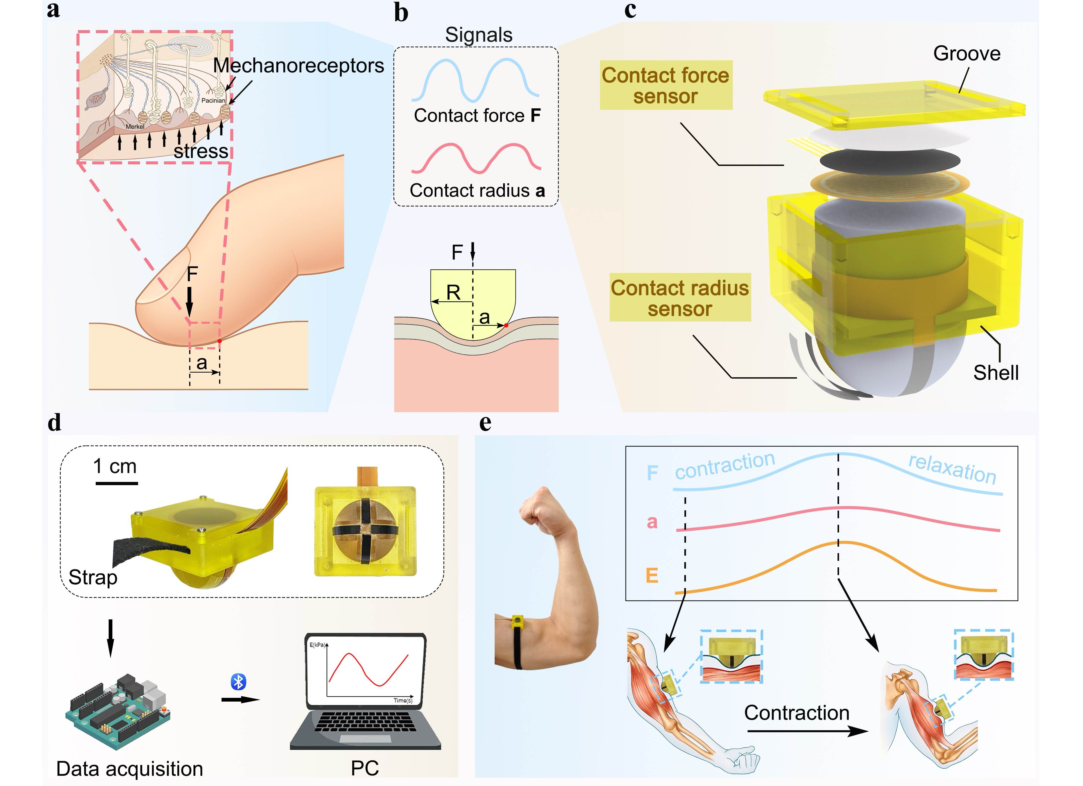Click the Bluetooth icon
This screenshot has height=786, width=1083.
coord(238,681)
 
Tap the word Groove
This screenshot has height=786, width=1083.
coord(966,54)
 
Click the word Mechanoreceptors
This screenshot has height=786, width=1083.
coord(299,65)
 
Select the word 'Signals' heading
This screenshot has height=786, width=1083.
coord(478,35)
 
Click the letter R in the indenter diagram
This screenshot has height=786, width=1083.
coord(453,292)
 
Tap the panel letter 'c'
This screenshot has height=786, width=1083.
coord(630,10)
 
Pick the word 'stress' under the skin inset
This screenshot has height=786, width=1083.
coord(201,151)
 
